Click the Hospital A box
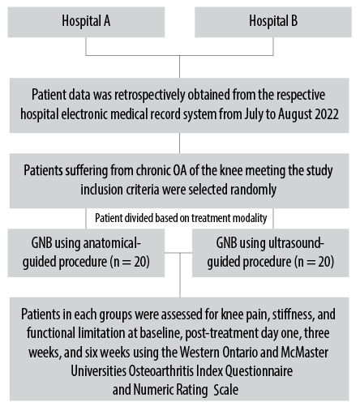86,22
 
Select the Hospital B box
273,22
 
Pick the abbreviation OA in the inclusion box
179,170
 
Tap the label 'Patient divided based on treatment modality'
181,218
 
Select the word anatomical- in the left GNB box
112,243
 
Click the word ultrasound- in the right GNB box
297,243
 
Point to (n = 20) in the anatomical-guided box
130,262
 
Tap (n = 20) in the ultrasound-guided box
314,262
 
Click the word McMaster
305,353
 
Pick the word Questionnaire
259,371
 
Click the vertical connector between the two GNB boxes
180,275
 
